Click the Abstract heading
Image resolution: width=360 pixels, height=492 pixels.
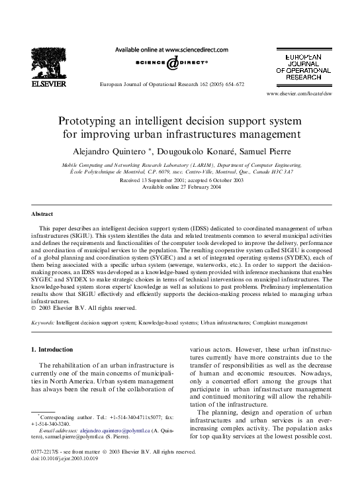(x=42, y=215)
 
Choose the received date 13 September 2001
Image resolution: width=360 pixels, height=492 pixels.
(x=155, y=180)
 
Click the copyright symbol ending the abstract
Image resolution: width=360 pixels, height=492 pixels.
(x=33, y=307)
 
